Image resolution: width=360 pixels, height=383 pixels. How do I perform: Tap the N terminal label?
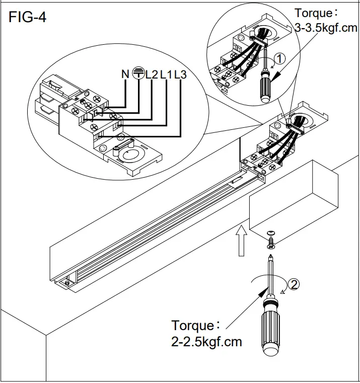[125, 74]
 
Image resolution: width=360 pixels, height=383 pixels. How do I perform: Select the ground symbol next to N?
[138, 74]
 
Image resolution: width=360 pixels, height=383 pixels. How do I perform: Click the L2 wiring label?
[152, 74]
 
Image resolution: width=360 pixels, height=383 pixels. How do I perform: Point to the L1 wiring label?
[166, 74]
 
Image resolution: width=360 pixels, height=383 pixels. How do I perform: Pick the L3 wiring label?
[180, 74]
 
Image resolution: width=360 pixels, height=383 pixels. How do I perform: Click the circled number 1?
[280, 58]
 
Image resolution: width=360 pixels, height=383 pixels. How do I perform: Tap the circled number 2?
[295, 284]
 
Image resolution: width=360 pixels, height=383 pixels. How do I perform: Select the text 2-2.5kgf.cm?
[206, 342]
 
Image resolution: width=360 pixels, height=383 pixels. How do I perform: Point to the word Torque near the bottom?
[193, 326]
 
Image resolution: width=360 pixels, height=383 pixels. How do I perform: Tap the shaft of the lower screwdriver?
[270, 274]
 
